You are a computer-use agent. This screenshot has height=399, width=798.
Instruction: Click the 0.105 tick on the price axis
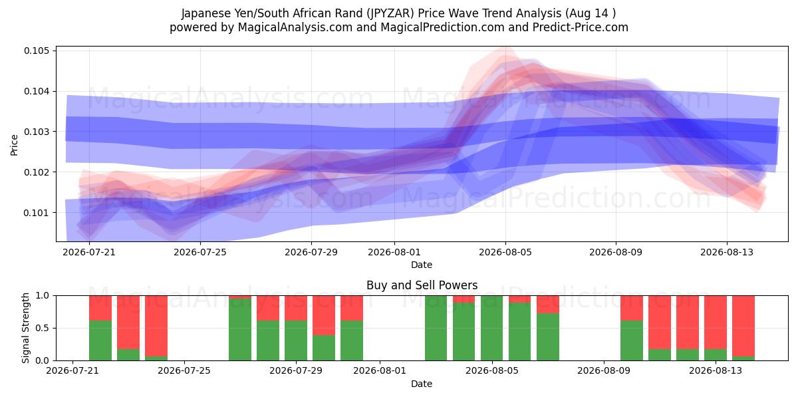tap(37, 51)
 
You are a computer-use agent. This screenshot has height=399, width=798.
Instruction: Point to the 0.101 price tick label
tap(37, 213)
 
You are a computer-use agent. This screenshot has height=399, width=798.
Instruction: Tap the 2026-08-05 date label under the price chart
tap(505, 252)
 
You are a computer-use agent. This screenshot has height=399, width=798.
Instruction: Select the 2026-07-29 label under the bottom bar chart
tap(296, 370)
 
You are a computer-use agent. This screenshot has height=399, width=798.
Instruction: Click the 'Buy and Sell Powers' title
tap(422, 285)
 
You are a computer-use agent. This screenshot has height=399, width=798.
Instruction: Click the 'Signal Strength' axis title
tap(25, 328)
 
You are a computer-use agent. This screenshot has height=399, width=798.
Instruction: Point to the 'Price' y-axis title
tap(14, 145)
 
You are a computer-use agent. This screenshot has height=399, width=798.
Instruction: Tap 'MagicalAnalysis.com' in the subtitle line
tap(295, 27)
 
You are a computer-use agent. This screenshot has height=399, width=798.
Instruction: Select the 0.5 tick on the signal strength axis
tap(43, 328)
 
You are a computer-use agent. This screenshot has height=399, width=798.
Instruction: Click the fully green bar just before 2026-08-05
tap(491, 328)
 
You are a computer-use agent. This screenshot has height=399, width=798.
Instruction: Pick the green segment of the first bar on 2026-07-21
tap(100, 340)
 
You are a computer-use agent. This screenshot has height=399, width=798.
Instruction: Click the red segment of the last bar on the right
tap(743, 326)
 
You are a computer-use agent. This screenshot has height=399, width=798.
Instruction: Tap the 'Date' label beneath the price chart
tap(422, 265)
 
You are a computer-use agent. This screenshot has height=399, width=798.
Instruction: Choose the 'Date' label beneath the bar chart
tap(422, 384)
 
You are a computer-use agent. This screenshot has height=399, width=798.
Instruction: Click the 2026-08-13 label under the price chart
tap(727, 252)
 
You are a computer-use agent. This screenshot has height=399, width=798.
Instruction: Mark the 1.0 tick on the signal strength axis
tap(43, 296)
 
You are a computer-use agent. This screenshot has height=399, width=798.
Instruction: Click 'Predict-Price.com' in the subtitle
tap(581, 27)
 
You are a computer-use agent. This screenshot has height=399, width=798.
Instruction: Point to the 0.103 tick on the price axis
tap(37, 132)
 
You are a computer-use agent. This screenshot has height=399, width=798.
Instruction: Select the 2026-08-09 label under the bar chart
tap(604, 370)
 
